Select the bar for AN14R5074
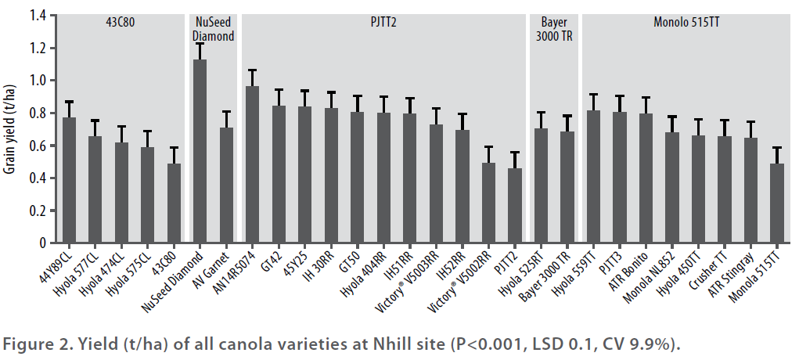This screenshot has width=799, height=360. (x=252, y=165)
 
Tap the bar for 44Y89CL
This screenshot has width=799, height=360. (x=69, y=181)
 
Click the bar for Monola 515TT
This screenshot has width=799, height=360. (x=776, y=203)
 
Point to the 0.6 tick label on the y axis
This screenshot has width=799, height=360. (x=35, y=146)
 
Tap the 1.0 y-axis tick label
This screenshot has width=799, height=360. (x=35, y=81)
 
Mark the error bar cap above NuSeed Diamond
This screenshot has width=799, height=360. (x=200, y=44)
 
